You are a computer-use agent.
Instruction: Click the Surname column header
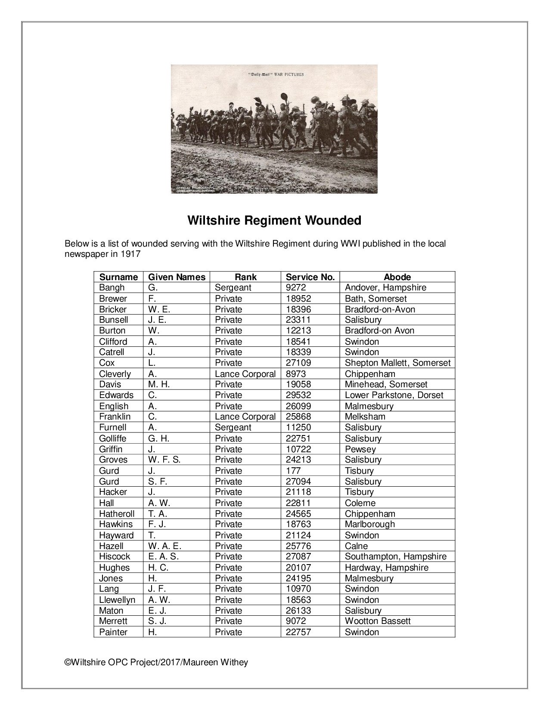118,277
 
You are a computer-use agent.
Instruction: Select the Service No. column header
310,277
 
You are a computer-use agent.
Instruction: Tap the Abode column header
397,277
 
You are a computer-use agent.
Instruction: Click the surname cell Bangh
112,288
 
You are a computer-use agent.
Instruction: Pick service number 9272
296,288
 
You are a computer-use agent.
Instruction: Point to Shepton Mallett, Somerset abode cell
397,363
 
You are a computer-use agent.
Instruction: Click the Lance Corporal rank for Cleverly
245,374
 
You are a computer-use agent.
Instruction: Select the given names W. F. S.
164,460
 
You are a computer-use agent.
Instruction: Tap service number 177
293,471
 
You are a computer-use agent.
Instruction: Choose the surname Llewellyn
117,600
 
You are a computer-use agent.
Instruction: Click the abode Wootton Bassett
378,621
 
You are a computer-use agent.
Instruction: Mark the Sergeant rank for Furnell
233,427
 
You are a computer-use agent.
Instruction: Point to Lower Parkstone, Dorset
394,395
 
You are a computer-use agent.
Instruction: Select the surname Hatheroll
117,514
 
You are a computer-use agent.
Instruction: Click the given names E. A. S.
163,556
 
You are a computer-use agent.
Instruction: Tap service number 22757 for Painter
298,632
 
